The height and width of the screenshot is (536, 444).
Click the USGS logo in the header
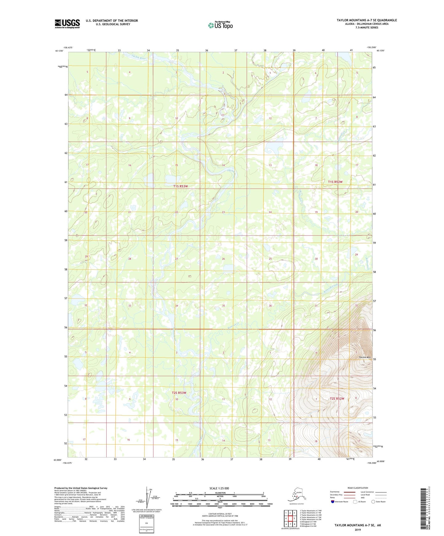pyautogui.click(x=67, y=24)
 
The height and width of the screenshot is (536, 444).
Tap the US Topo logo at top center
pyautogui.click(x=220, y=25)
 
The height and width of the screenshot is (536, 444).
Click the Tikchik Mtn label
pyautogui.click(x=365, y=358)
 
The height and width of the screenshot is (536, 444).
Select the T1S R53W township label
pyautogui.click(x=180, y=186)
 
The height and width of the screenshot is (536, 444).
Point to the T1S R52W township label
pyautogui.click(x=335, y=182)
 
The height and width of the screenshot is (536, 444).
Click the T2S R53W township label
pyautogui.click(x=179, y=393)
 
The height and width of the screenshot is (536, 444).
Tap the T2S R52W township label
pyautogui.click(x=337, y=398)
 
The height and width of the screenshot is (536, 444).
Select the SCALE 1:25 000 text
pyautogui.click(x=219, y=488)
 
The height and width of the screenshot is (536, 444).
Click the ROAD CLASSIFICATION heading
pyautogui.click(x=358, y=488)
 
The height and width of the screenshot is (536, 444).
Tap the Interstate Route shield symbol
pyautogui.click(x=333, y=502)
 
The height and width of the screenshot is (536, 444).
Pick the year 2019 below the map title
pyautogui.click(x=358, y=530)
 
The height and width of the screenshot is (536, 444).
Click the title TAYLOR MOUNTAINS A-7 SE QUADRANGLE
pyautogui.click(x=367, y=20)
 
